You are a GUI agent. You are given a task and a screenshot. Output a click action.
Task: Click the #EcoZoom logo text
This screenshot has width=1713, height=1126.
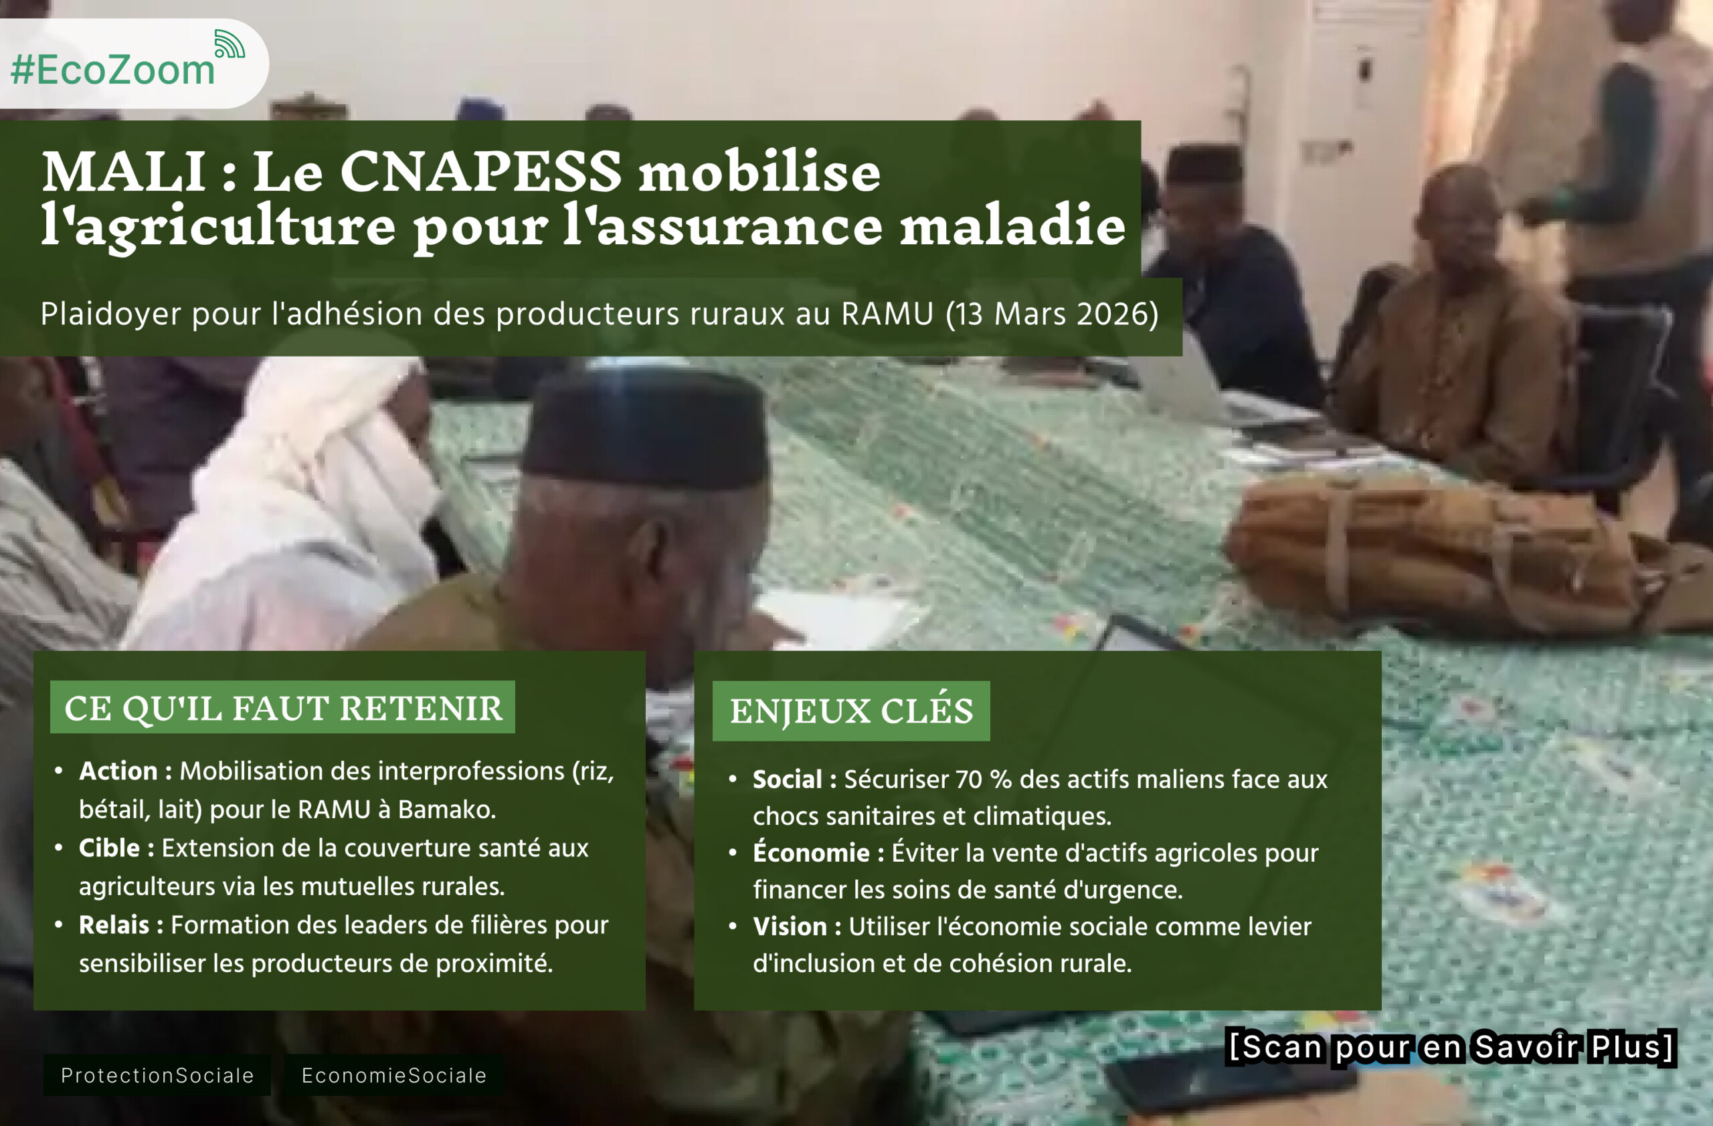coord(113,70)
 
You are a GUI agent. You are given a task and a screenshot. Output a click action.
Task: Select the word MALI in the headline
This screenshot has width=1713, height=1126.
coord(124,172)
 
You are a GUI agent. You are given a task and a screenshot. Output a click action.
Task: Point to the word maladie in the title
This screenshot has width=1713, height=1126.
coord(1012,225)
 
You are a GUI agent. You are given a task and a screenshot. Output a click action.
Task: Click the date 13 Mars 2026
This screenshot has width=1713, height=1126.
coord(1051,314)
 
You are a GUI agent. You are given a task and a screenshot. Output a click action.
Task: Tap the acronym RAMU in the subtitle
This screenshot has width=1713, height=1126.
coord(887,314)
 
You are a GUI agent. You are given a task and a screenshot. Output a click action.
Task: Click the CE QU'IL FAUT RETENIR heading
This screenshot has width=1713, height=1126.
coord(283,708)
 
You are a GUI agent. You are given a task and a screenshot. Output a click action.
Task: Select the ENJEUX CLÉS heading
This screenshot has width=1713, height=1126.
coord(850,711)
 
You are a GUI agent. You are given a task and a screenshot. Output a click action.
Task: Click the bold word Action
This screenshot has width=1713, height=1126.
coord(118,771)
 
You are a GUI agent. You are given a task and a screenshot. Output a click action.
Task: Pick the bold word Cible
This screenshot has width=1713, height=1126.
coord(109,848)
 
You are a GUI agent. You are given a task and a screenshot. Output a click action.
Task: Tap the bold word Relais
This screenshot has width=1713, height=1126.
coord(114,925)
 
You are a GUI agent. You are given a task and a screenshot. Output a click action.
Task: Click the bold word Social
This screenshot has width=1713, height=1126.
coord(788,779)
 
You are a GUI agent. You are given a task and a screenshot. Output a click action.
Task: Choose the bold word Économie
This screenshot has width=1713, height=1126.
coord(811,852)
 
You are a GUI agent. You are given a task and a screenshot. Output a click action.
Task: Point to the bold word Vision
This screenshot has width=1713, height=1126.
coord(790,927)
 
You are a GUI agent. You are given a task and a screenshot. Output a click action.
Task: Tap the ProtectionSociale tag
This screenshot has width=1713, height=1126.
coord(157,1076)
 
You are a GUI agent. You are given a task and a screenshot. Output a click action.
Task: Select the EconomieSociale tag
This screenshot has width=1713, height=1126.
coord(393,1076)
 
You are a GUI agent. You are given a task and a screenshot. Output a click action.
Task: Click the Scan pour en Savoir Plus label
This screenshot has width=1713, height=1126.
coord(1451,1047)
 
